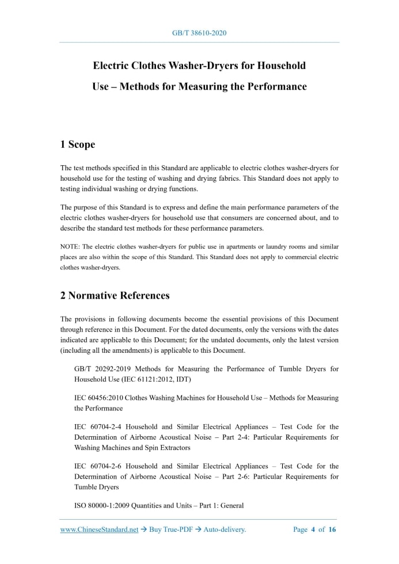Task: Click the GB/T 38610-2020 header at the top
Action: click(199, 33)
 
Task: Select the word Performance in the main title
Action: click(272, 87)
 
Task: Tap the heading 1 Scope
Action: click(78, 144)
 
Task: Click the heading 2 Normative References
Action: click(115, 296)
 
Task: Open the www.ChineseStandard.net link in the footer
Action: click(99, 530)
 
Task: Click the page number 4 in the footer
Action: click(313, 530)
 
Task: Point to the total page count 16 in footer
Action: click(332, 530)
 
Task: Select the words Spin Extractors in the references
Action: click(147, 447)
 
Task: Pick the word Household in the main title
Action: click(280, 66)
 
